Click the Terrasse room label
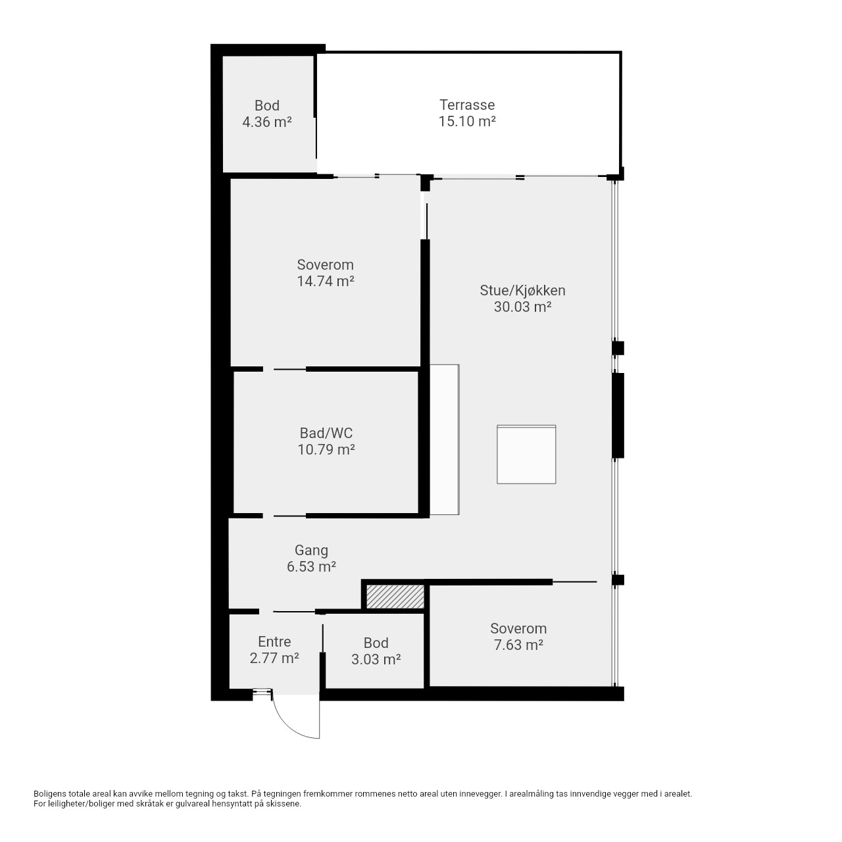466,105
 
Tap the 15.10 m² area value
466,121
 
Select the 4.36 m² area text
267,122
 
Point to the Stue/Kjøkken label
522,291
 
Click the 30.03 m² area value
522,307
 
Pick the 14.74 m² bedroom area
326,281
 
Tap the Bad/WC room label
326,433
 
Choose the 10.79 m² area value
326,449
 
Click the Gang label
311,551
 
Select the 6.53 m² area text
311,567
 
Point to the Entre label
274,641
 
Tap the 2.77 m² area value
274,658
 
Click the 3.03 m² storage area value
376,659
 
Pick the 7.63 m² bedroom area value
518,645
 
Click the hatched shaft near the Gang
395,597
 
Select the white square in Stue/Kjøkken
526,455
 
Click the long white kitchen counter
445,439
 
